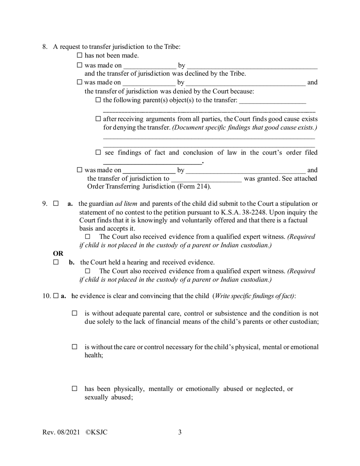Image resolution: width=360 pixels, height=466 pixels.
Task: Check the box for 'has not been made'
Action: [80, 56]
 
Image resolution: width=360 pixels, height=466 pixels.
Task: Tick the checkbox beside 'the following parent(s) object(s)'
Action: [99, 100]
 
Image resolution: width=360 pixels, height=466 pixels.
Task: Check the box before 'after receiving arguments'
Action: [99, 119]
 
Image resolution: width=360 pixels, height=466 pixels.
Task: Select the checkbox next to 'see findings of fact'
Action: [99, 153]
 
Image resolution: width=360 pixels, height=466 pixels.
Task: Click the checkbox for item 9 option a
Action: [56, 204]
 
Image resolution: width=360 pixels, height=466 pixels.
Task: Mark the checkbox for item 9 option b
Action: [56, 262]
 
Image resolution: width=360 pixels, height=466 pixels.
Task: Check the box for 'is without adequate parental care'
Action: [75, 313]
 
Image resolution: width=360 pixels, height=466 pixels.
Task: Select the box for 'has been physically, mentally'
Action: [75, 389]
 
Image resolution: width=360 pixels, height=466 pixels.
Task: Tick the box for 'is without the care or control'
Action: [75, 347]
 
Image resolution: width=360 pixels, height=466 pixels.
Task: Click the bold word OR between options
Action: [58, 253]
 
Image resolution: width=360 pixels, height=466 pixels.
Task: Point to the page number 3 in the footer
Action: [180, 432]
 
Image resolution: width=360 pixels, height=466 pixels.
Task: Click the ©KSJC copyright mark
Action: [97, 432]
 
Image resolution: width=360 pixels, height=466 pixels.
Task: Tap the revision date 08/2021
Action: [67, 432]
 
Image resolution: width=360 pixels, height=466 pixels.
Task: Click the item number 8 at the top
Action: [45, 47]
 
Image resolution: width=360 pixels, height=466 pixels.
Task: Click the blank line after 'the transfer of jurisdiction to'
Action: [206, 179]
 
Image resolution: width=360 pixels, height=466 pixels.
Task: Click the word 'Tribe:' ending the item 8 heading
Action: [172, 47]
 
